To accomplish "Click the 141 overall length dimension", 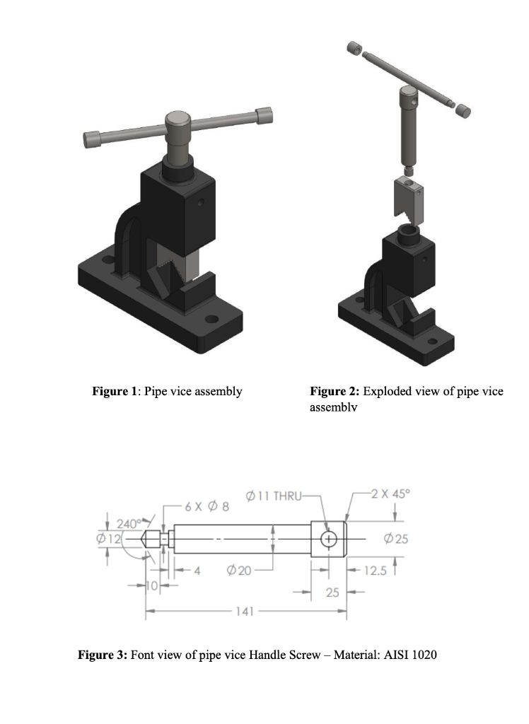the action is (x=245, y=612).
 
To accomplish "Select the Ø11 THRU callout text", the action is (x=273, y=496).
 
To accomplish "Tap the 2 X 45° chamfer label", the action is (x=390, y=494).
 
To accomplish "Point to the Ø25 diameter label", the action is (x=396, y=539).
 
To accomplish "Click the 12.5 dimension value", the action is (x=375, y=571).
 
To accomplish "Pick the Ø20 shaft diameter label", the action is (x=239, y=571).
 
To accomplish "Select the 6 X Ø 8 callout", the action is (x=207, y=506).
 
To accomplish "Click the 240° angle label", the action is (x=129, y=524).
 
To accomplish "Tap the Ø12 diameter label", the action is (x=109, y=539).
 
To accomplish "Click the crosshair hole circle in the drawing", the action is (x=328, y=539).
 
